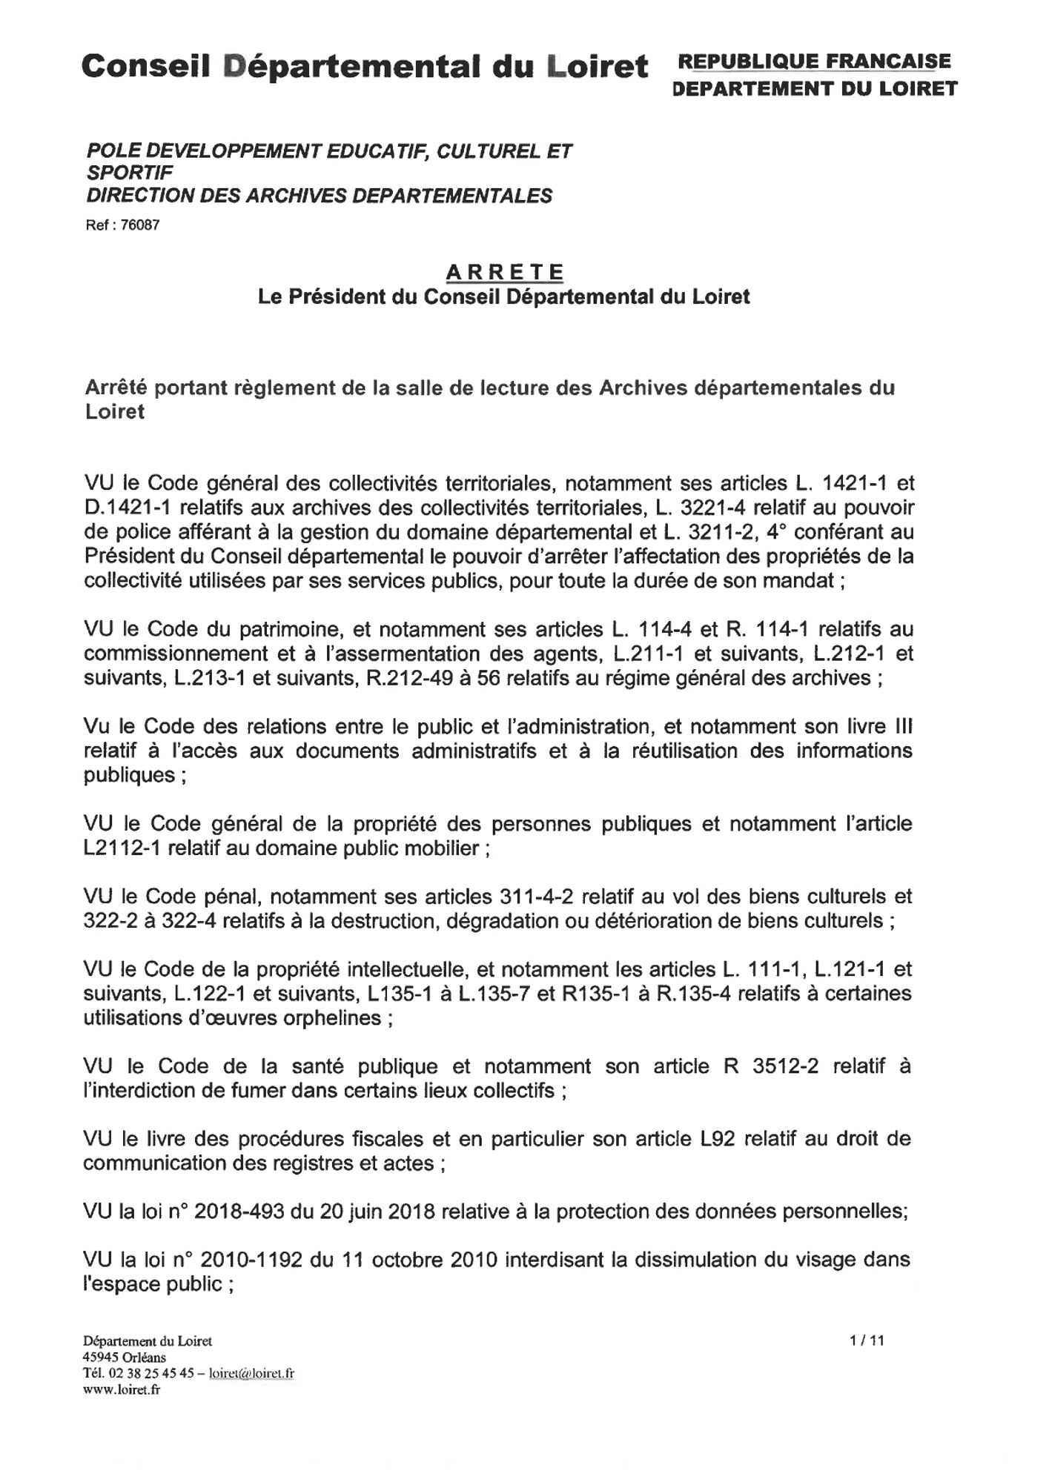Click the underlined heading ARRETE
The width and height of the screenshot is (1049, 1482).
point(504,272)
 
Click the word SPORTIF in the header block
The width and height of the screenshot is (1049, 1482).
point(130,173)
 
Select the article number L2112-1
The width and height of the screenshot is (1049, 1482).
point(122,848)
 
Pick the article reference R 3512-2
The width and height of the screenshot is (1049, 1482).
point(770,1066)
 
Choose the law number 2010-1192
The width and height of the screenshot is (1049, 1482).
point(251,1260)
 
